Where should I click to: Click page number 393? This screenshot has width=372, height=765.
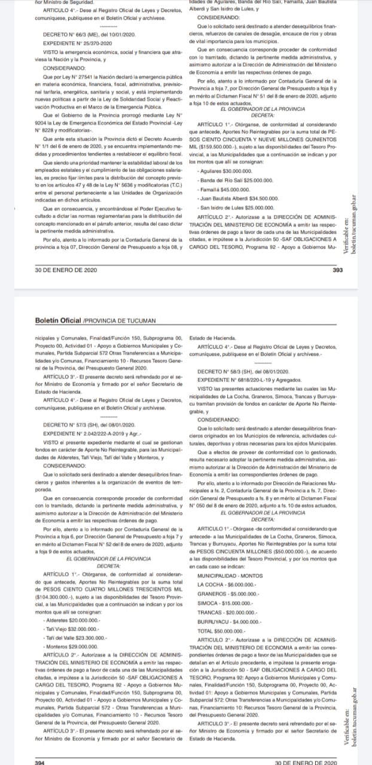(337, 270)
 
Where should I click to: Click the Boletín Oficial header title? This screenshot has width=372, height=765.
(59, 320)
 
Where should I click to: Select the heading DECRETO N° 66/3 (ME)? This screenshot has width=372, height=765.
(90, 35)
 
